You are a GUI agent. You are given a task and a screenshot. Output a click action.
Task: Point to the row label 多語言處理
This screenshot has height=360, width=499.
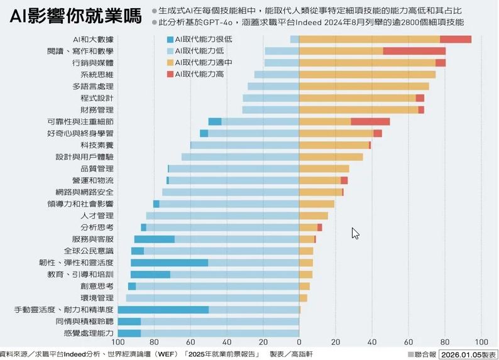click(93, 86)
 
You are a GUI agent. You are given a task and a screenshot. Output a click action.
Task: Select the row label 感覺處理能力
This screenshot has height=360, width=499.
click(89, 333)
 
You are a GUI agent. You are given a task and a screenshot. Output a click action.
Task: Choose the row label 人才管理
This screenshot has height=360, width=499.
click(97, 215)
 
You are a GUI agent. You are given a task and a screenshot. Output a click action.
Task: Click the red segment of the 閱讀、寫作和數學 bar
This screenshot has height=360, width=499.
click(414, 51)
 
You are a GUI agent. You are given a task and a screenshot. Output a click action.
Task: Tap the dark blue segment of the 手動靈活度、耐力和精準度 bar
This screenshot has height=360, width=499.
click(163, 310)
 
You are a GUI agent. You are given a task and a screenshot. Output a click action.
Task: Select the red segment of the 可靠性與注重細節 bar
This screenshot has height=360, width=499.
click(370, 121)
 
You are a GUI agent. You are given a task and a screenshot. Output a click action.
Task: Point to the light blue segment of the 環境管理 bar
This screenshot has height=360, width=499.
click(212, 298)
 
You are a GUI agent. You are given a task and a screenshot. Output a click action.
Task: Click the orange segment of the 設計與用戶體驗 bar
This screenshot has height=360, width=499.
click(331, 156)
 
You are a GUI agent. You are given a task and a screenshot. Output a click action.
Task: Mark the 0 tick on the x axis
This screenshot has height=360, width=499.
click(299, 342)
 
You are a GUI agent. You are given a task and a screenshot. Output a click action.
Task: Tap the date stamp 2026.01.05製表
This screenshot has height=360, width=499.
click(468, 354)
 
